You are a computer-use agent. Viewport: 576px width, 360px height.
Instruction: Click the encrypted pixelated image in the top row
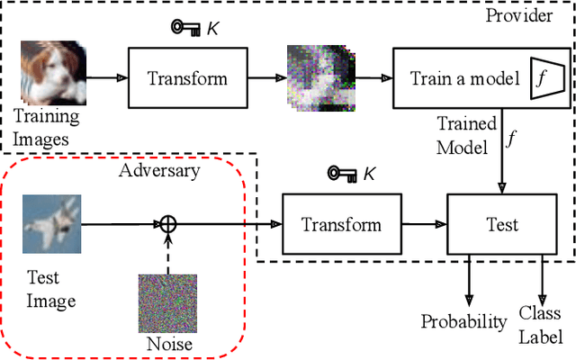coord(317,77)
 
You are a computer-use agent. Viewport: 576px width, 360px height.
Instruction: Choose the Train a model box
coord(470,78)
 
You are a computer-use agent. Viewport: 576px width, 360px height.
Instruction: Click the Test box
coord(498,224)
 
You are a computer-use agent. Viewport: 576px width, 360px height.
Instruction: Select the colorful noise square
coord(166,302)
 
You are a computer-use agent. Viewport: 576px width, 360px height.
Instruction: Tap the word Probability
coord(463,322)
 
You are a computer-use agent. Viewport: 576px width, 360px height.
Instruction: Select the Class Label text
coord(540,325)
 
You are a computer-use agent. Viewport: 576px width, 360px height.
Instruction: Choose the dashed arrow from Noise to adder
coord(166,254)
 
